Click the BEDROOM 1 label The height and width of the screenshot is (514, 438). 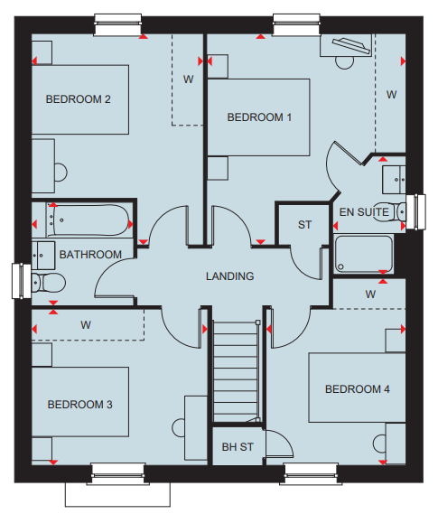[x=259, y=117]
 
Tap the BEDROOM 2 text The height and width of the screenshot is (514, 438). [x=78, y=99]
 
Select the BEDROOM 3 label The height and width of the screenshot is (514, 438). [x=80, y=405]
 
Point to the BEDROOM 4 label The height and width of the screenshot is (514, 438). [x=358, y=389]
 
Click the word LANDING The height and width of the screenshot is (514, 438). [x=230, y=276]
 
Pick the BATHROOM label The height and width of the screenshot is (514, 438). [x=90, y=255]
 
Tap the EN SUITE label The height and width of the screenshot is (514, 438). [x=364, y=212]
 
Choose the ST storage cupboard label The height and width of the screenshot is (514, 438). [x=304, y=225]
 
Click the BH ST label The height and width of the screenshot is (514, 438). [x=238, y=447]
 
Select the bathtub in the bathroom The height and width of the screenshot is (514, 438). [x=89, y=220]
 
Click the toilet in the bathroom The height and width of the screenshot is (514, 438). [x=49, y=283]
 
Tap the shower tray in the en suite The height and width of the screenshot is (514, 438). [x=363, y=254]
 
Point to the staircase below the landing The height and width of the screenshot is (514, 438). [x=237, y=372]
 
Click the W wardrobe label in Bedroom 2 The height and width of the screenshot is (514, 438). [x=189, y=79]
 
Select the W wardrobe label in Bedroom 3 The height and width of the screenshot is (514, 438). [x=86, y=325]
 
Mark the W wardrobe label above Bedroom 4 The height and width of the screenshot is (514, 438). [x=370, y=294]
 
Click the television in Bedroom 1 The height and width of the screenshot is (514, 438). [x=351, y=45]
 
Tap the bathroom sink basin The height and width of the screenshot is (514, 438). [x=43, y=256]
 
